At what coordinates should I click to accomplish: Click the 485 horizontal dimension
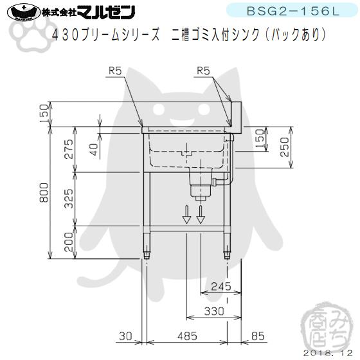pos(187,336)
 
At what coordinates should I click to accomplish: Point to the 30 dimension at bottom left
pos(125,336)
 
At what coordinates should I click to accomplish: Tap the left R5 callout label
pos(115,72)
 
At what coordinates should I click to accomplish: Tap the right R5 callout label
pos(204,72)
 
